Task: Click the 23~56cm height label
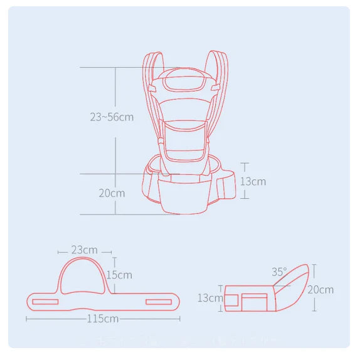pos(111,117)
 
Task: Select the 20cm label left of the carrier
pos(112,193)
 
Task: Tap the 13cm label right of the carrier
pos(253,181)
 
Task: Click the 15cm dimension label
pos(119,275)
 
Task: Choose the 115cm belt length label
pos(103,319)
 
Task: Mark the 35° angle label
pos(279,272)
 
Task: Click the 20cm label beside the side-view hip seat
pos(320,289)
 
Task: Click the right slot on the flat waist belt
pos(161,302)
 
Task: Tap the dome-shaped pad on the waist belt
pos(85,276)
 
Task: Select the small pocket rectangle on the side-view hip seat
pos(254,300)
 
